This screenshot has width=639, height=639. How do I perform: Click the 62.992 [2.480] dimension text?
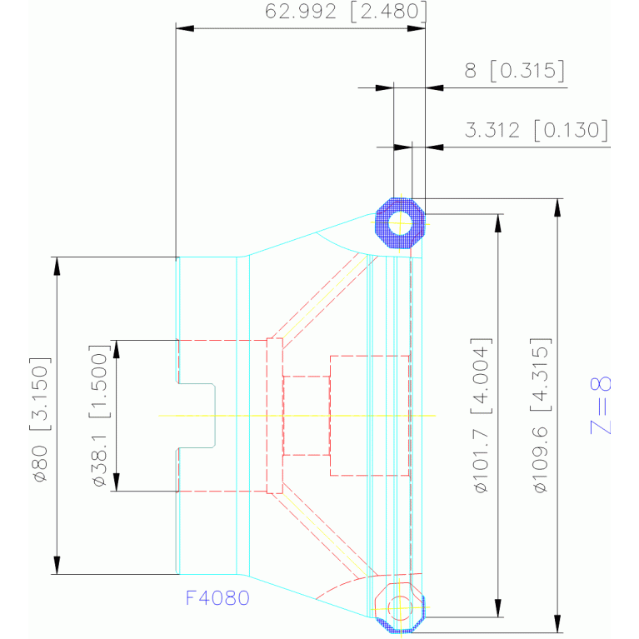[346, 12]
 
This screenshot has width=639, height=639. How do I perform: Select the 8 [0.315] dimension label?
[515, 71]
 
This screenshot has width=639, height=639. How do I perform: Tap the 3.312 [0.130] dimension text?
[537, 130]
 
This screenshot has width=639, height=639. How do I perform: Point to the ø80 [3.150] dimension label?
[40, 419]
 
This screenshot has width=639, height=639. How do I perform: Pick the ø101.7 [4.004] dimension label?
[482, 415]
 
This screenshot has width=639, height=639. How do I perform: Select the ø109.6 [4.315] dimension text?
[541, 415]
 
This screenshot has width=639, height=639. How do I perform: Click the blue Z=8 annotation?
[601, 405]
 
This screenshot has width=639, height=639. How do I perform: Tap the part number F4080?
[217, 598]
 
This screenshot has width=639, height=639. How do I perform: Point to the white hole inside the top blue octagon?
[400, 223]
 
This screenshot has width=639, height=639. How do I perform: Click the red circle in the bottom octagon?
[400, 608]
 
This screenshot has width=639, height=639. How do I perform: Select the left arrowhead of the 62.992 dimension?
[185, 28]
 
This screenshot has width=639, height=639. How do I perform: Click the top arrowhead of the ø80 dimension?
[57, 266]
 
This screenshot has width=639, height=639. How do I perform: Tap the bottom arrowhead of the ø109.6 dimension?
[558, 623]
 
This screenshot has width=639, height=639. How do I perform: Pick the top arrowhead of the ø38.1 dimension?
[117, 349]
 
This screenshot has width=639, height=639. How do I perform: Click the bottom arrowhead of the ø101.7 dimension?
[498, 608]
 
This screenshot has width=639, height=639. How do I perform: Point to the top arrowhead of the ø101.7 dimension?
[498, 223]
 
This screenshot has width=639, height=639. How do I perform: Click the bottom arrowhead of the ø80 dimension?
[57, 565]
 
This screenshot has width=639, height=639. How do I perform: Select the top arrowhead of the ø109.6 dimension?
[558, 207]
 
